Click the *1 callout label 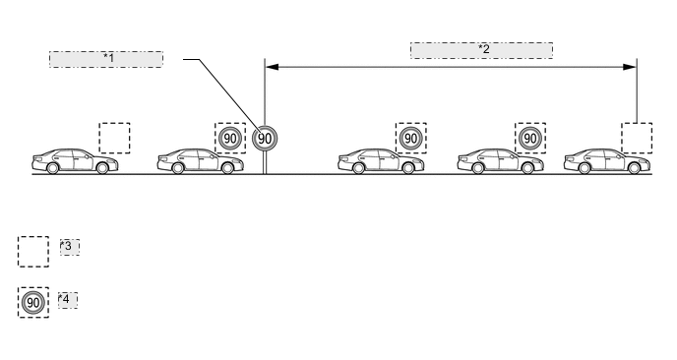pyautogui.click(x=106, y=59)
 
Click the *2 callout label pyautogui.click(x=481, y=50)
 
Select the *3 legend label pyautogui.click(x=69, y=246)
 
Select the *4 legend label pyautogui.click(x=67, y=299)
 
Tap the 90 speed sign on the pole pyautogui.click(x=265, y=139)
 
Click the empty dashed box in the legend pyautogui.click(x=33, y=252)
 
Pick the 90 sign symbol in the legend pyautogui.click(x=33, y=302)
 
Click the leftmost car pyautogui.click(x=74, y=161)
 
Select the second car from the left pyautogui.click(x=201, y=161)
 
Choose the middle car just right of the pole pyautogui.click(x=381, y=161)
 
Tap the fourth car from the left pyautogui.click(x=500, y=161)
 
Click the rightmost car pyautogui.click(x=607, y=161)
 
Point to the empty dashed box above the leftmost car pyautogui.click(x=114, y=138)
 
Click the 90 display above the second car pyautogui.click(x=230, y=138)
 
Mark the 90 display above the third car pyautogui.click(x=411, y=138)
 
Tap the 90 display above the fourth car pyautogui.click(x=530, y=138)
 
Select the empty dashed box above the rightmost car pyautogui.click(x=637, y=138)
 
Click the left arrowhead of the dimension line pyautogui.click(x=272, y=67)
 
